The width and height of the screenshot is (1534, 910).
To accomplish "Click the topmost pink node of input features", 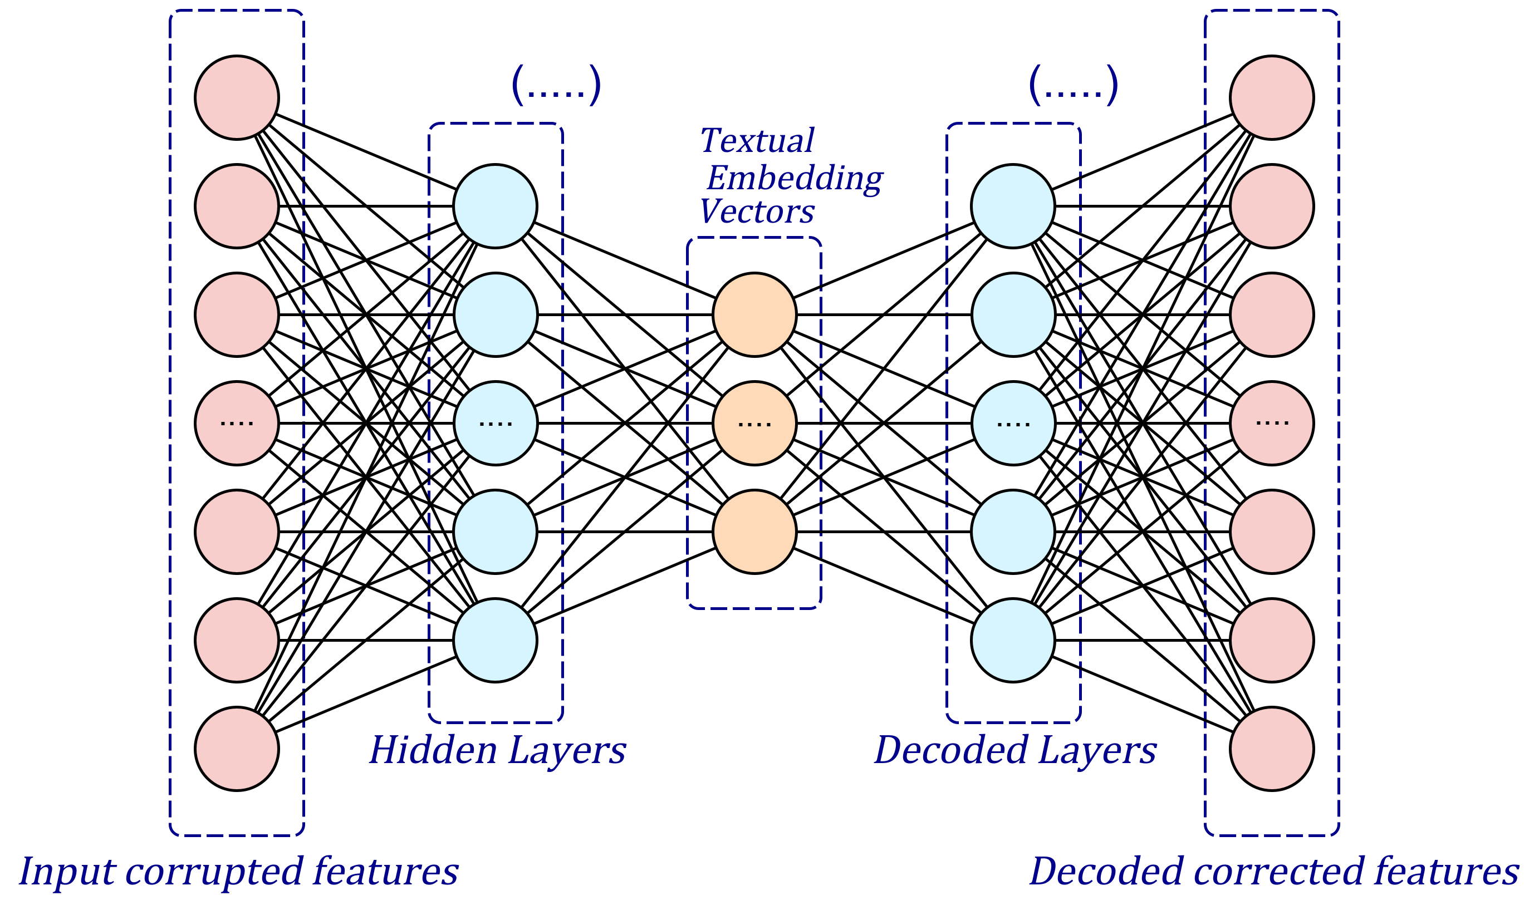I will pyautogui.click(x=237, y=97).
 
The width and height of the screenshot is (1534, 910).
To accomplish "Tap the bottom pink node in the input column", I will pyautogui.click(x=237, y=749).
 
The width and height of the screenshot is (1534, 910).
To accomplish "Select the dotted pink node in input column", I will pyautogui.click(x=237, y=423).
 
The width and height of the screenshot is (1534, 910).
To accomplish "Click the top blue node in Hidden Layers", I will pyautogui.click(x=495, y=206).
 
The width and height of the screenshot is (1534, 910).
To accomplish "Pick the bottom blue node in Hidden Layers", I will pyautogui.click(x=495, y=640).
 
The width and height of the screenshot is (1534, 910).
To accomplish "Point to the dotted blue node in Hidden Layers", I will pyautogui.click(x=495, y=423).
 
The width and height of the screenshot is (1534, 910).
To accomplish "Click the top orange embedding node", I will pyautogui.click(x=754, y=314).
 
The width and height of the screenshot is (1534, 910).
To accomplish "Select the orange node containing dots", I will pyautogui.click(x=754, y=423).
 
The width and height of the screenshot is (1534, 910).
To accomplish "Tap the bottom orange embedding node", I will pyautogui.click(x=754, y=532).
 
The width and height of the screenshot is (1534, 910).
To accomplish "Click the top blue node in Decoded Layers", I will pyautogui.click(x=1013, y=206).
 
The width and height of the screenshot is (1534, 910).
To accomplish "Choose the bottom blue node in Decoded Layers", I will pyautogui.click(x=1013, y=640).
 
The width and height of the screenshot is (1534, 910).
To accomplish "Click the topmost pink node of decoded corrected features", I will pyautogui.click(x=1272, y=97).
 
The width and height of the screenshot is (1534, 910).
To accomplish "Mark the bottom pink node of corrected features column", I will pyautogui.click(x=1272, y=749).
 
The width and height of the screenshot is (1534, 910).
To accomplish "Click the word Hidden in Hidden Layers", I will pyautogui.click(x=433, y=750).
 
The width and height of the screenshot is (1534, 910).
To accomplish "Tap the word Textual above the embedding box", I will pyautogui.click(x=757, y=140).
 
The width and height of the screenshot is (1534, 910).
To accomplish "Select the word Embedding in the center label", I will pyautogui.click(x=795, y=179).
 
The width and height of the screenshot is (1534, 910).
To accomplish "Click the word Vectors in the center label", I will pyautogui.click(x=757, y=212).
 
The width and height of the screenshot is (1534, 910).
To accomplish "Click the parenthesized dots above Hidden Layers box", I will pyautogui.click(x=556, y=85).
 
